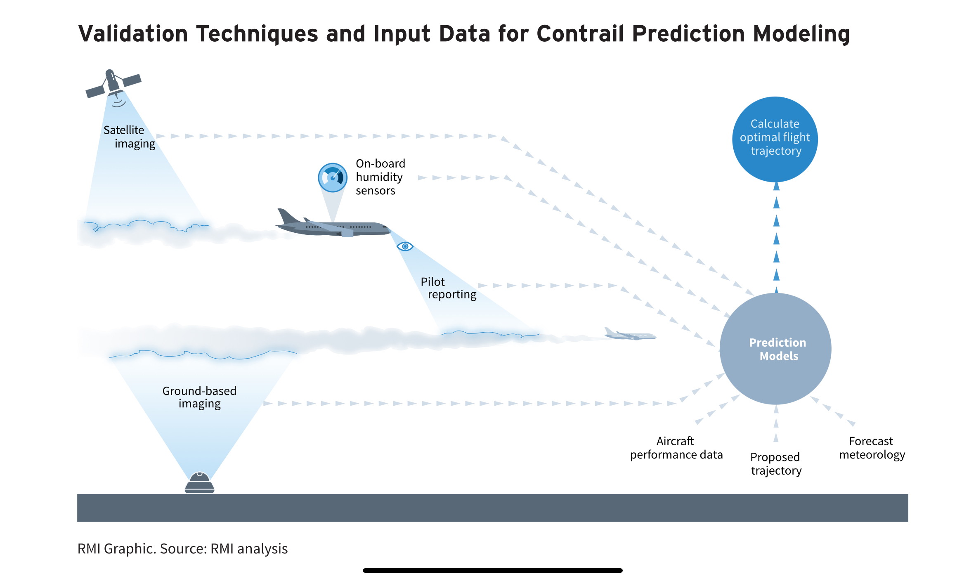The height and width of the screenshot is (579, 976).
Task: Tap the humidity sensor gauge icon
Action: [333, 178]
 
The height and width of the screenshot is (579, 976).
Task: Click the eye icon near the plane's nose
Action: [405, 246]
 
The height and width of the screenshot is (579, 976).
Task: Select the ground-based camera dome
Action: [200, 482]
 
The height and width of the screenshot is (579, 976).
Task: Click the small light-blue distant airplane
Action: [630, 334]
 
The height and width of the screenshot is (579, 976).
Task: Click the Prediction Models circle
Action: [775, 349]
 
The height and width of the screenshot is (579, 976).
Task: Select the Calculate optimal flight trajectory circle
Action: [775, 139]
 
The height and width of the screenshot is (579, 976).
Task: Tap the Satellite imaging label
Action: [129, 137]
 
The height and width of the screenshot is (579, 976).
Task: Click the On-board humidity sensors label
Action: [380, 177]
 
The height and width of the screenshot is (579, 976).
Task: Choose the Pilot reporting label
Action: [449, 288]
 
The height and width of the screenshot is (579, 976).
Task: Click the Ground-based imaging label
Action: [199, 397]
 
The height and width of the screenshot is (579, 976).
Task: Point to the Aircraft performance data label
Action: [676, 448]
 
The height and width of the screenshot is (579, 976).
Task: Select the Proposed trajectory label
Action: [776, 464]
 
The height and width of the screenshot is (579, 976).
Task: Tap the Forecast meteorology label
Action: [872, 448]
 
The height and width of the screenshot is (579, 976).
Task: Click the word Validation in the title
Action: [133, 34]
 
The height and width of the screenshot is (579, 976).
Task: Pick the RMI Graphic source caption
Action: [182, 549]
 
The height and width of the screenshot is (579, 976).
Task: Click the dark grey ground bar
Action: [493, 508]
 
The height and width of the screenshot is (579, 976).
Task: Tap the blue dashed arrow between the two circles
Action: [776, 238]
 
